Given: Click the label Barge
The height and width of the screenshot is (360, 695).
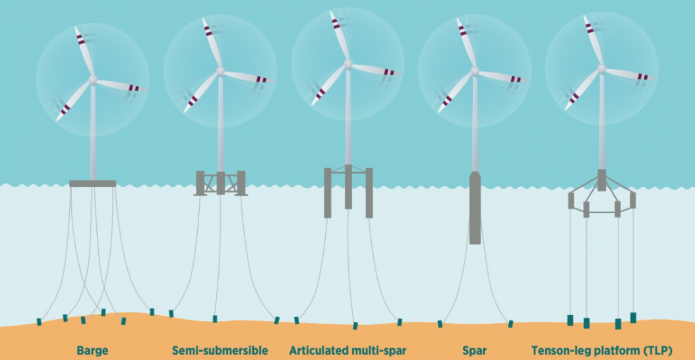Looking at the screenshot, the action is click(x=92, y=351).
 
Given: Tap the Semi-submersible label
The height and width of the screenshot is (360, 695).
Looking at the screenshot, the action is click(x=220, y=351).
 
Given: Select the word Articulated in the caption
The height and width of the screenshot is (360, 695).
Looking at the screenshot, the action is click(x=316, y=351).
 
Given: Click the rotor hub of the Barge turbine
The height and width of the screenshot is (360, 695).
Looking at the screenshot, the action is click(x=93, y=79).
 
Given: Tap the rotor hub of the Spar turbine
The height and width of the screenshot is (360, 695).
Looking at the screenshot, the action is click(x=475, y=71).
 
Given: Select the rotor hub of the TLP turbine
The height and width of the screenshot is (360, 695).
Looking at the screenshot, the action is click(x=601, y=69).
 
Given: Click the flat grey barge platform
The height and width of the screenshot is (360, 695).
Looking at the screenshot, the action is click(x=92, y=183).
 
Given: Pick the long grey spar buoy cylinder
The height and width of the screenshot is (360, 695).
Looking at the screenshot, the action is click(x=475, y=208).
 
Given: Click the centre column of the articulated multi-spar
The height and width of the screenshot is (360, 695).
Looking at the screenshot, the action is click(x=348, y=187).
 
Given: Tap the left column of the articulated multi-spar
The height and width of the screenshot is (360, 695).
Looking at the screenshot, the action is click(x=328, y=193).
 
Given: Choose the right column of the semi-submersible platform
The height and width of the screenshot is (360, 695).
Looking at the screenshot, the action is click(x=241, y=183).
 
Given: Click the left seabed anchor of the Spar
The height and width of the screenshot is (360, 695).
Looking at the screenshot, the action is click(x=440, y=324).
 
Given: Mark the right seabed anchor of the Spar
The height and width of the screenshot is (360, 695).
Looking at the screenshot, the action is click(x=510, y=324).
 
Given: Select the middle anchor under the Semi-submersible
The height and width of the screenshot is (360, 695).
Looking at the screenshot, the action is click(x=215, y=318).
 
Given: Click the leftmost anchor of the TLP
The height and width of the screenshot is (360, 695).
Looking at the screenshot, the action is click(x=570, y=320).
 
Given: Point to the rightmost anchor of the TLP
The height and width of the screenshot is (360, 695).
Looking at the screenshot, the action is click(x=634, y=317).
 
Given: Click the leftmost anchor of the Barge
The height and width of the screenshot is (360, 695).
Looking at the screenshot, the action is click(x=39, y=322).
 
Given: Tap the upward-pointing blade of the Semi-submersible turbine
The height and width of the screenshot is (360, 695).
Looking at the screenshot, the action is click(x=212, y=43).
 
